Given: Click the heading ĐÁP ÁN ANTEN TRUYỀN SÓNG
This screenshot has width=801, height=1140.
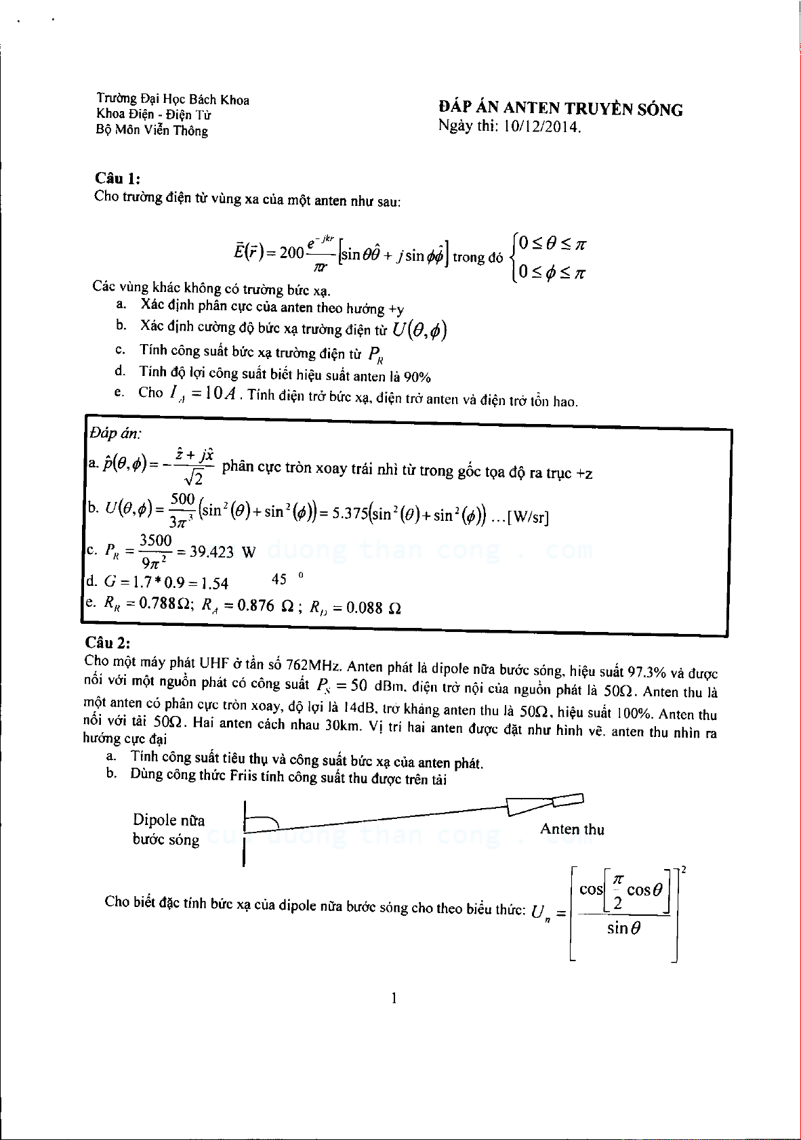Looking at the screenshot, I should pyautogui.click(x=560, y=108).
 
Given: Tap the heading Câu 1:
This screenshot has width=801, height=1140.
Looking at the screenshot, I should pyautogui.click(x=117, y=178).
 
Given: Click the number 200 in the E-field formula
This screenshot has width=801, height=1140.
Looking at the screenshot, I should pyautogui.click(x=291, y=253).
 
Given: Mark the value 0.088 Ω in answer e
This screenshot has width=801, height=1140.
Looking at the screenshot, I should pyautogui.click(x=373, y=608).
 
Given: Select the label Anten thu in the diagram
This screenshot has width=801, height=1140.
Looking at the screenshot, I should pyautogui.click(x=572, y=829).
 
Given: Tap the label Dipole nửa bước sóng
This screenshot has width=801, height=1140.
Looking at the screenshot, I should pyautogui.click(x=168, y=830).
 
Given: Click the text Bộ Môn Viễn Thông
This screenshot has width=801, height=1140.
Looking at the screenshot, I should pyautogui.click(x=152, y=131).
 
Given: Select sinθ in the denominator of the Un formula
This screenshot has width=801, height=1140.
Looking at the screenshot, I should pyautogui.click(x=623, y=928).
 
